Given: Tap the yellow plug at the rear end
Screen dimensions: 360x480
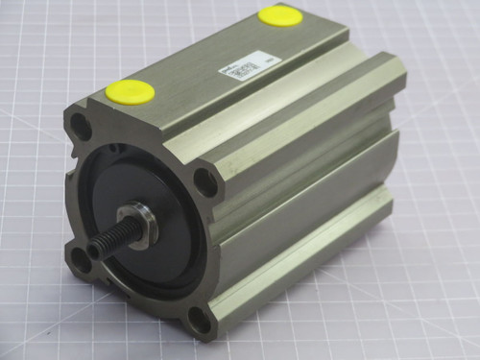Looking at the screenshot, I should [278, 15].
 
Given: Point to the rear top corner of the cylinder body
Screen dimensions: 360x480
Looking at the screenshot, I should [347, 29].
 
